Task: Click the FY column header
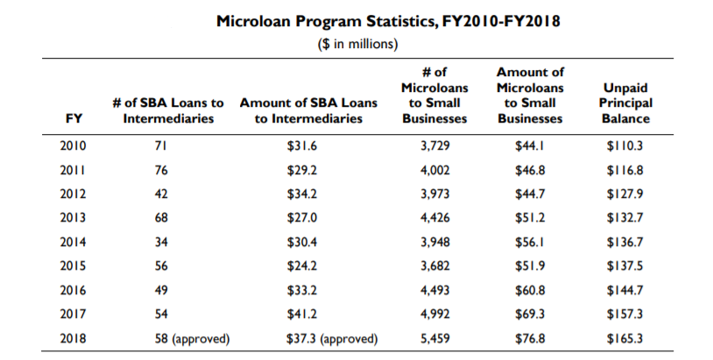click(x=74, y=118)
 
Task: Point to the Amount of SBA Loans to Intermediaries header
click(x=307, y=110)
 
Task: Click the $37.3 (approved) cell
click(x=332, y=337)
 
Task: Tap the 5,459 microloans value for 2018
click(x=435, y=337)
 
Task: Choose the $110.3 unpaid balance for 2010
click(x=625, y=145)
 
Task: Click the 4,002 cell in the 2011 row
click(x=435, y=169)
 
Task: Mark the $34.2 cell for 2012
click(x=302, y=194)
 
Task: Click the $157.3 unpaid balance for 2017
click(x=625, y=313)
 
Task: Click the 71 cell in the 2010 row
click(x=160, y=145)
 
